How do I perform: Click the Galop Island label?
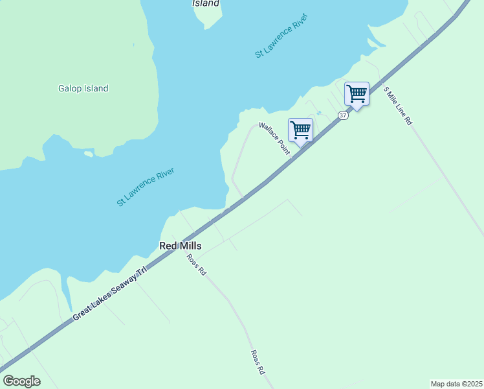83,89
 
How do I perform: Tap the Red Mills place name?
181,246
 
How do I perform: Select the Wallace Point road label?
274,138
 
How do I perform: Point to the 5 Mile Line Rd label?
397,106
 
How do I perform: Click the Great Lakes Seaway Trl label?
110,293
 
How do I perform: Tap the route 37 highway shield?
343,115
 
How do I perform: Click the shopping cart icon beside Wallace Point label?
300,130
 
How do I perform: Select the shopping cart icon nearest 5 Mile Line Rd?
357,94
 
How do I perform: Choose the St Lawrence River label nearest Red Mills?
146,187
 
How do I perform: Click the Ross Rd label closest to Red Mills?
196,265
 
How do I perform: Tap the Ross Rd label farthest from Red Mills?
258,362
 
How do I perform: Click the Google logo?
21,381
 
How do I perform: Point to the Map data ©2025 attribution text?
457,383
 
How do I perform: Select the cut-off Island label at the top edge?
206,3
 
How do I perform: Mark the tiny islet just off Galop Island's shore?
89,154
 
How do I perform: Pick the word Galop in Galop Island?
69,89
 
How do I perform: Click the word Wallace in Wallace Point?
268,132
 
